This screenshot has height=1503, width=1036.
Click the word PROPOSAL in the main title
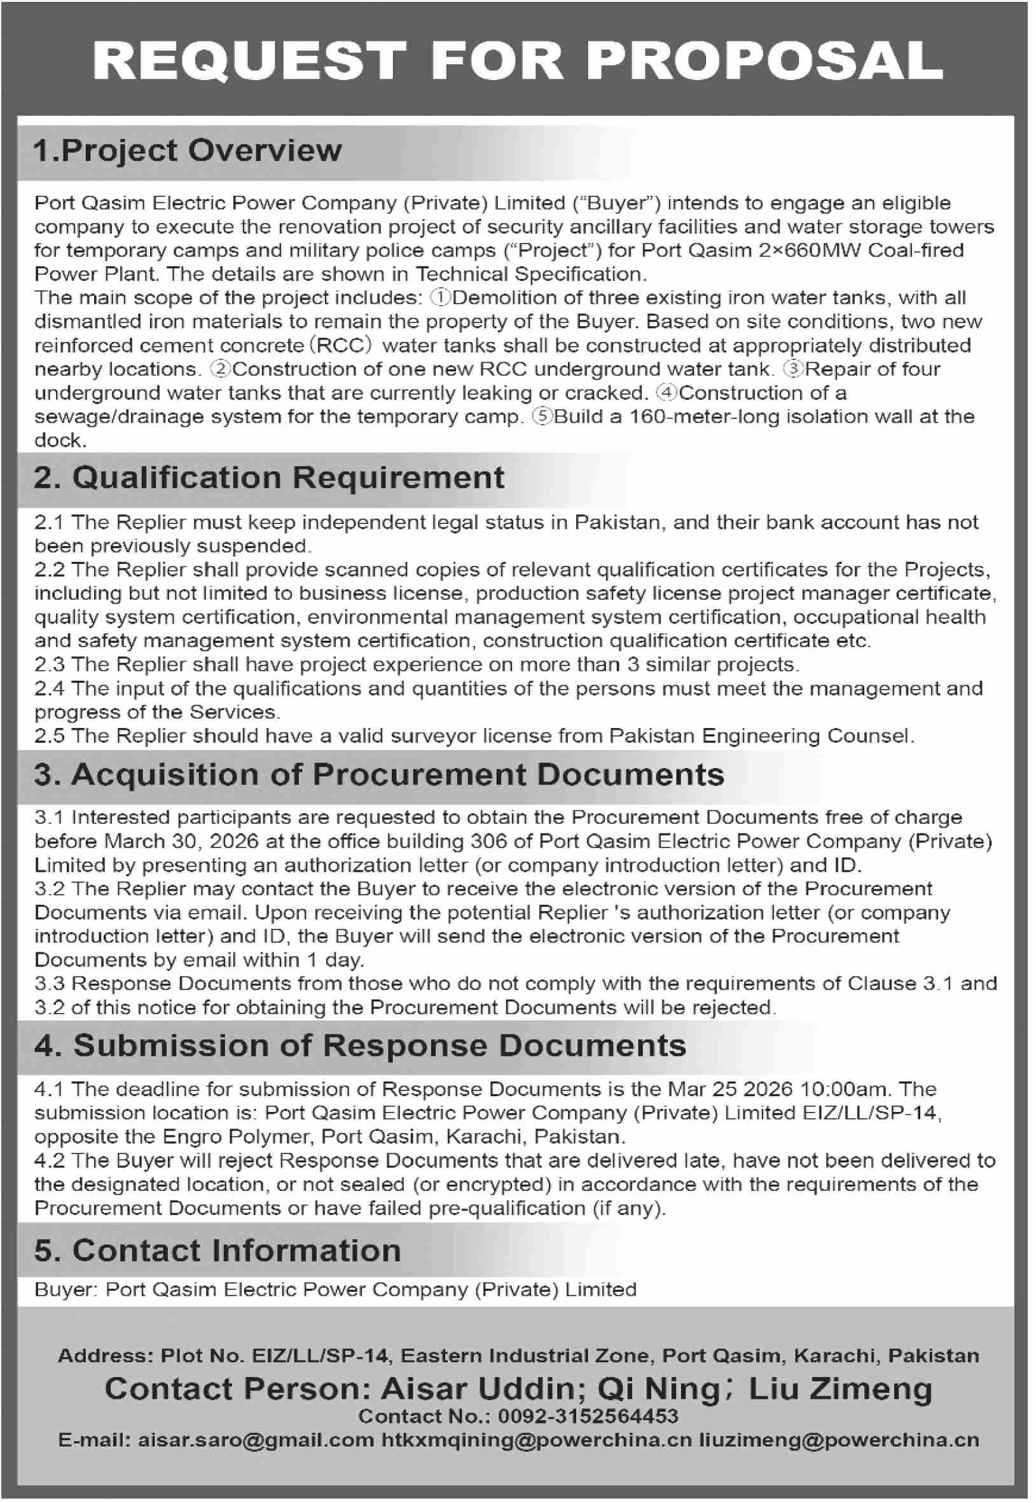(766, 61)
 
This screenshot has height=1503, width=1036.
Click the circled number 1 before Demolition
(440, 298)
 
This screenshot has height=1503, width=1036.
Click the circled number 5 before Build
(542, 416)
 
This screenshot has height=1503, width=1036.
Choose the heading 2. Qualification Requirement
(269, 477)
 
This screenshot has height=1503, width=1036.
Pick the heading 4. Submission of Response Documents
(360, 1045)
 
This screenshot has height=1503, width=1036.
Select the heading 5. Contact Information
(217, 1251)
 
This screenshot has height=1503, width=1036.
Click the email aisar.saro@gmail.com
(256, 1440)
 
